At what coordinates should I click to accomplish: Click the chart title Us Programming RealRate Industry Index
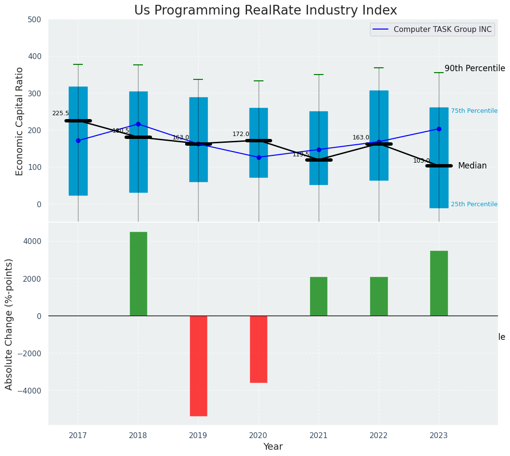pos(265,11)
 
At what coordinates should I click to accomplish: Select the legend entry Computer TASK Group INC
pos(442,30)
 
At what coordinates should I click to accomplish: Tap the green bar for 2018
pos(138,274)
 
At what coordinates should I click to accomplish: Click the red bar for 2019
pos(198,365)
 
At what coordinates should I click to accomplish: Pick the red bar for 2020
pos(258,349)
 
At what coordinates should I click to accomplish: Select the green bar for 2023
pos(439,283)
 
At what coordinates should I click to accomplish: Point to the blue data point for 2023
pos(439,129)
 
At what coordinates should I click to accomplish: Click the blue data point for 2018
pos(138,124)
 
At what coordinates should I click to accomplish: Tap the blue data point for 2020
pos(259,157)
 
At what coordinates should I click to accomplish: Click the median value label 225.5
pos(61,113)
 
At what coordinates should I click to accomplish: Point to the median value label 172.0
pos(241,134)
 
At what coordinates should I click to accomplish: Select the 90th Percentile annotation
pos(475,69)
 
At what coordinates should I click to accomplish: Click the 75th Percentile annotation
pos(474,111)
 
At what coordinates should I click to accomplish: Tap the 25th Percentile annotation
pos(474,204)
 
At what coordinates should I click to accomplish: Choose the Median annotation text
pos(472,166)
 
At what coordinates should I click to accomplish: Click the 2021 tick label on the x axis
pos(319,436)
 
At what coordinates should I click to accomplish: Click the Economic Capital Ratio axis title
pos(20,121)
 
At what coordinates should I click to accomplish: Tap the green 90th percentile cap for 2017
pos(78,64)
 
